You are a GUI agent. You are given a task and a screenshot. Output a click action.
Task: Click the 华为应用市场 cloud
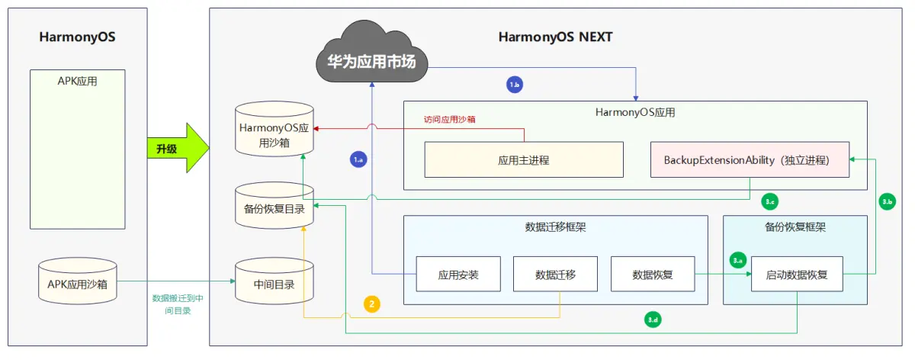pyautogui.click(x=371, y=56)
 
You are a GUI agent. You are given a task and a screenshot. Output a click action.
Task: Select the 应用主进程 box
pyautogui.click(x=523, y=160)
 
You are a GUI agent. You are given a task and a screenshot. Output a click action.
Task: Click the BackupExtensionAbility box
pyautogui.click(x=750, y=160)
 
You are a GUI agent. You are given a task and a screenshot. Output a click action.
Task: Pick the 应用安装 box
pyautogui.click(x=457, y=275)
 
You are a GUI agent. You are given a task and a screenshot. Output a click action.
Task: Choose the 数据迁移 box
pyautogui.click(x=555, y=275)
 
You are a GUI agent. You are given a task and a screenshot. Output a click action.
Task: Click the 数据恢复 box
pyautogui.click(x=653, y=275)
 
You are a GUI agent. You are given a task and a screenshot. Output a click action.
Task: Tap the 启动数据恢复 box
pyautogui.click(x=797, y=275)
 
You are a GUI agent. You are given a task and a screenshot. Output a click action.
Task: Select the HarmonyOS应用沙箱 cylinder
pyautogui.click(x=274, y=135)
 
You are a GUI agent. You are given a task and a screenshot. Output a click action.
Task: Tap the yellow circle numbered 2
pyautogui.click(x=372, y=304)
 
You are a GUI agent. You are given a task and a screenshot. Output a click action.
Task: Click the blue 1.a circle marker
pyautogui.click(x=358, y=159)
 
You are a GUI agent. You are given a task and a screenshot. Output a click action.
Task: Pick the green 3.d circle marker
pyautogui.click(x=653, y=320)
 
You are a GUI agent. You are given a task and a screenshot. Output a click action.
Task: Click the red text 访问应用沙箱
pyautogui.click(x=451, y=119)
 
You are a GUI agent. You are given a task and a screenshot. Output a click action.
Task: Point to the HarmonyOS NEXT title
pyautogui.click(x=555, y=37)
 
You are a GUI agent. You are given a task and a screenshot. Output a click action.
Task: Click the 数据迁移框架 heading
pyautogui.click(x=555, y=227)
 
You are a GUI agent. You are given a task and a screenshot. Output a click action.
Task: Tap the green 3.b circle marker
pyautogui.click(x=887, y=201)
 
